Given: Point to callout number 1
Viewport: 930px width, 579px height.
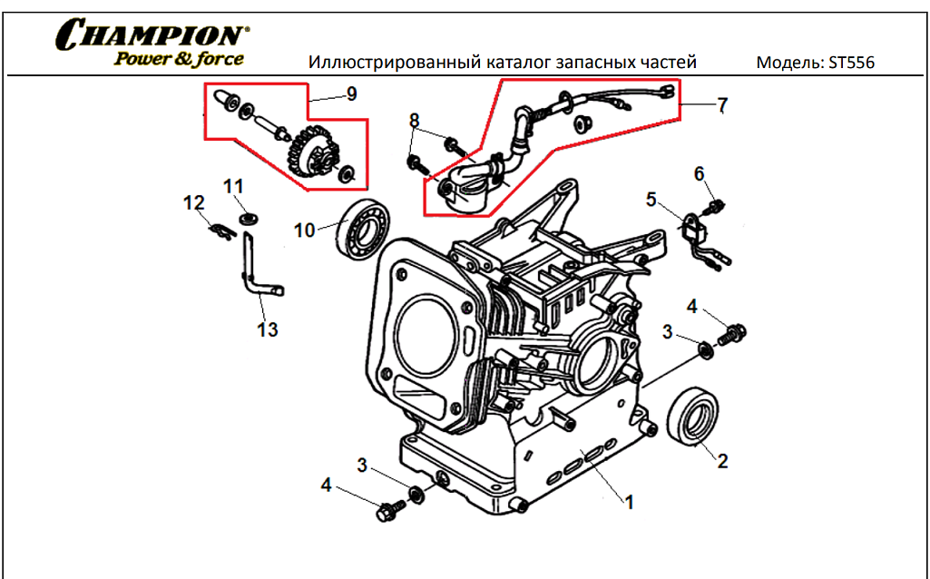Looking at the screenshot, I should click(x=629, y=500).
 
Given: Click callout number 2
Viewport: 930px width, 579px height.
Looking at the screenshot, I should click(x=722, y=461).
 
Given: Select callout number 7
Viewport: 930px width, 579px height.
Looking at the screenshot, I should click(x=721, y=106).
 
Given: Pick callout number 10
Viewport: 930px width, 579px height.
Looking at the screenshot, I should click(x=304, y=231).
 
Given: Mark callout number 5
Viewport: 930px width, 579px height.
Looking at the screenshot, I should click(x=651, y=198).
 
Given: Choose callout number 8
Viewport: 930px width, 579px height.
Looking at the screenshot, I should click(x=415, y=121).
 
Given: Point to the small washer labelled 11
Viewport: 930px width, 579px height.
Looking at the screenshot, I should click(x=245, y=218).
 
